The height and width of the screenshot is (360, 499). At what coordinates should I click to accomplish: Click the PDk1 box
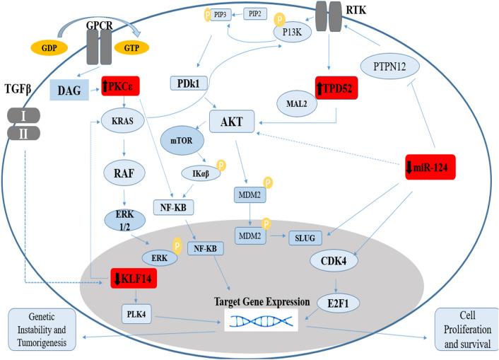coord(187,84)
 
